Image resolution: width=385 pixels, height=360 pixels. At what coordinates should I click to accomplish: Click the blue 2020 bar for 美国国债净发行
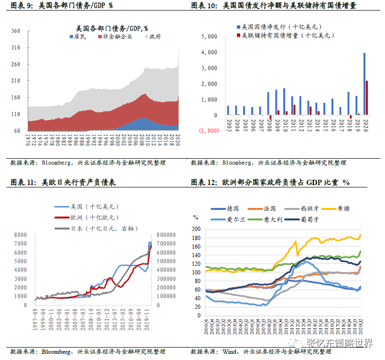364,84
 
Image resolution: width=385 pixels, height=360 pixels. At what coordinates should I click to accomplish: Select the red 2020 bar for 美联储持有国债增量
367,98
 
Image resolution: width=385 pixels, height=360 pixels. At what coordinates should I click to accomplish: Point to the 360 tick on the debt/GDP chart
15,31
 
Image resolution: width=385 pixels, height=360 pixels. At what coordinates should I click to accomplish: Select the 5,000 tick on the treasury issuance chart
210,37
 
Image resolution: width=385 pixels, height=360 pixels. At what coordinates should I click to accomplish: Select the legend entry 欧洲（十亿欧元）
90,218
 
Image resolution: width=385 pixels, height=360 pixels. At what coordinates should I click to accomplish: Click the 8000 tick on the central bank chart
21,235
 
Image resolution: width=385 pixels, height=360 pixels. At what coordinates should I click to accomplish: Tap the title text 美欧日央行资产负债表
79,182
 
